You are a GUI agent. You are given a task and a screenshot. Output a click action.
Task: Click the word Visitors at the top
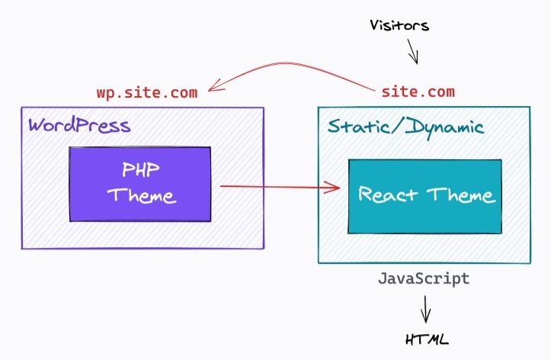click(x=399, y=25)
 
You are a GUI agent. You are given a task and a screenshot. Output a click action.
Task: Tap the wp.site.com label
click(x=147, y=92)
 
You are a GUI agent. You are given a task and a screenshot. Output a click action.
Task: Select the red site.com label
click(x=418, y=92)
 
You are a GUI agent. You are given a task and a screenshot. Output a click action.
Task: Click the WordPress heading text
click(x=79, y=125)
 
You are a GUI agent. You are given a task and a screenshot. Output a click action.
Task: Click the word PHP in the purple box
click(x=140, y=168)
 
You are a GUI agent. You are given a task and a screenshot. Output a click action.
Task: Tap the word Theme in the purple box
click(x=141, y=194)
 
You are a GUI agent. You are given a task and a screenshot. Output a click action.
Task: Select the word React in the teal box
click(x=388, y=194)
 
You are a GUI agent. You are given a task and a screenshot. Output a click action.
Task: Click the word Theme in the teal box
click(x=460, y=194)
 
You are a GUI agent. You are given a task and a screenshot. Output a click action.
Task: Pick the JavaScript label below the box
click(x=424, y=278)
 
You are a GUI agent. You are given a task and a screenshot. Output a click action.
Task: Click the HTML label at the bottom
click(x=425, y=339)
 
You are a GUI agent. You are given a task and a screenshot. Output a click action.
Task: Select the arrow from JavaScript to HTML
click(x=425, y=308)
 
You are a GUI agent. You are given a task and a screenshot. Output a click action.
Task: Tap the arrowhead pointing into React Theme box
click(x=333, y=186)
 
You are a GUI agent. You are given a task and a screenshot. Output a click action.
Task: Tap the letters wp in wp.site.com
click(x=104, y=93)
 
